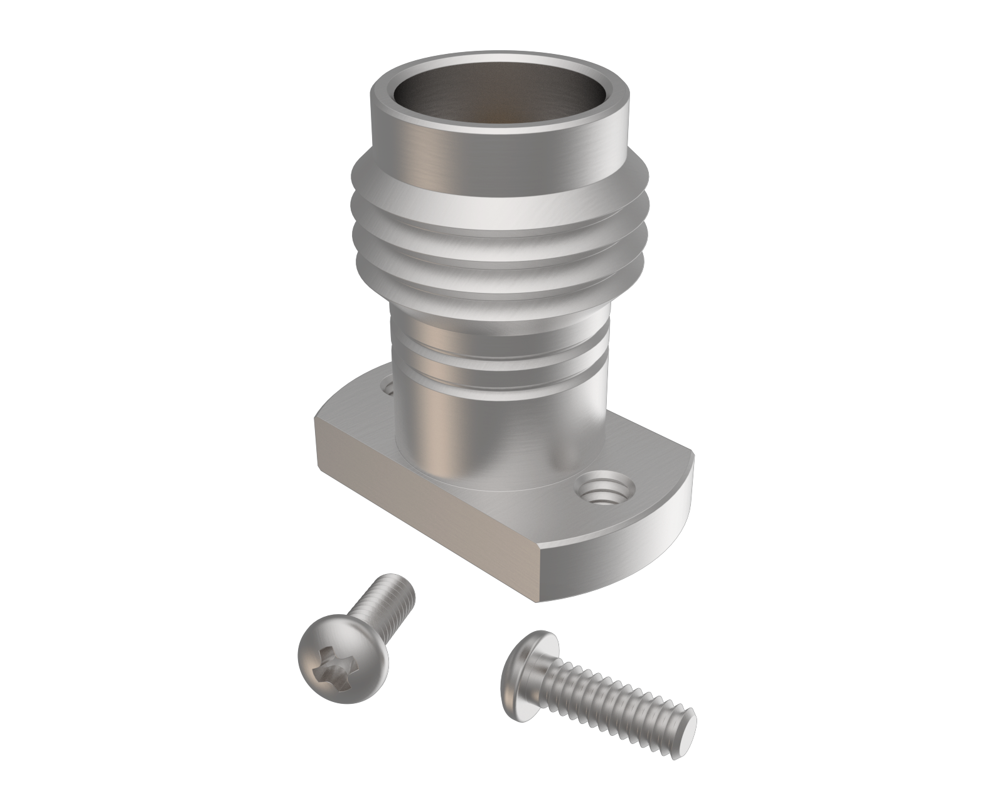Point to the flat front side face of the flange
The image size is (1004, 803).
(427, 521)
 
